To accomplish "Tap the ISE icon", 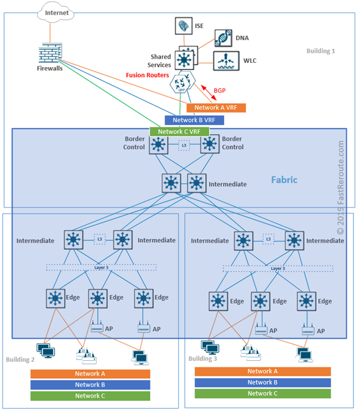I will (x=182, y=26).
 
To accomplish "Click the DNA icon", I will (x=223, y=38).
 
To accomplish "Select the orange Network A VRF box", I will (x=216, y=108).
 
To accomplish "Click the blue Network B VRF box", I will (x=194, y=120).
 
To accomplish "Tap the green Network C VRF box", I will (x=179, y=132).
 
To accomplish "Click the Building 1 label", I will (x=321, y=51).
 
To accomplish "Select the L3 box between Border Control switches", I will (x=185, y=145).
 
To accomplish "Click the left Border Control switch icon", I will (x=159, y=145).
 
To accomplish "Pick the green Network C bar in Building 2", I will (x=90, y=395).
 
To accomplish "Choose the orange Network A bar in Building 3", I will (x=263, y=371).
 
